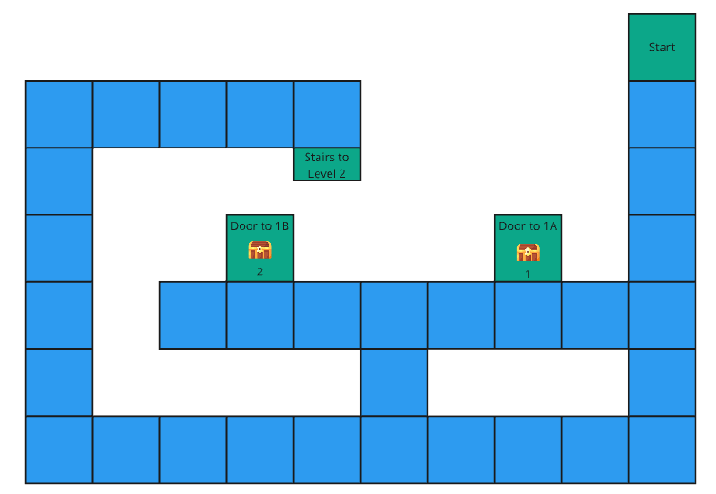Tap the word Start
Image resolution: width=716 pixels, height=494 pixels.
[662, 48]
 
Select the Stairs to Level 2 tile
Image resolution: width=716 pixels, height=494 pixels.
[327, 165]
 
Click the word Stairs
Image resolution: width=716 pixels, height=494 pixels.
[319, 158]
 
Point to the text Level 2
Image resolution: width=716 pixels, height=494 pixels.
[327, 173]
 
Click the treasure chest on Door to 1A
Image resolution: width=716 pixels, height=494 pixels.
[528, 252]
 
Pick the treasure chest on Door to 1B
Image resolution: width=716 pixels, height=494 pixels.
[260, 250]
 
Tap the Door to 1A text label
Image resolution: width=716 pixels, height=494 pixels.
[528, 225]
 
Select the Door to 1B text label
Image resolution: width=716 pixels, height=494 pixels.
[260, 225]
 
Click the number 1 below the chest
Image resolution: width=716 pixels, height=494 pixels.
[528, 273]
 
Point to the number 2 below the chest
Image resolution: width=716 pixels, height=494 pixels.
[260, 272]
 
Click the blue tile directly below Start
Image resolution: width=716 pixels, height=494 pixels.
[662, 115]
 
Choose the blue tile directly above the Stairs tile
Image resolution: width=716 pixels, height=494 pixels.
[327, 115]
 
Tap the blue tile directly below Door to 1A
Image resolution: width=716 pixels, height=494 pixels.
[528, 315]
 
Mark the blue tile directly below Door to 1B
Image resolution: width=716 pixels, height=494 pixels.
[260, 315]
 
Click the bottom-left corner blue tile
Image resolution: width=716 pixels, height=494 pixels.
[59, 449]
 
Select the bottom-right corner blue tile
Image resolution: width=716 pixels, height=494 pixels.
[662, 449]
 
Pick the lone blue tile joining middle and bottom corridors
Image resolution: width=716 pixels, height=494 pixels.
[394, 382]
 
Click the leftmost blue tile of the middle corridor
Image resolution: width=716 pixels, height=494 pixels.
[193, 315]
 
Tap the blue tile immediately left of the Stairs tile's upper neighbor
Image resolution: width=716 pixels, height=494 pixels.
[260, 115]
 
